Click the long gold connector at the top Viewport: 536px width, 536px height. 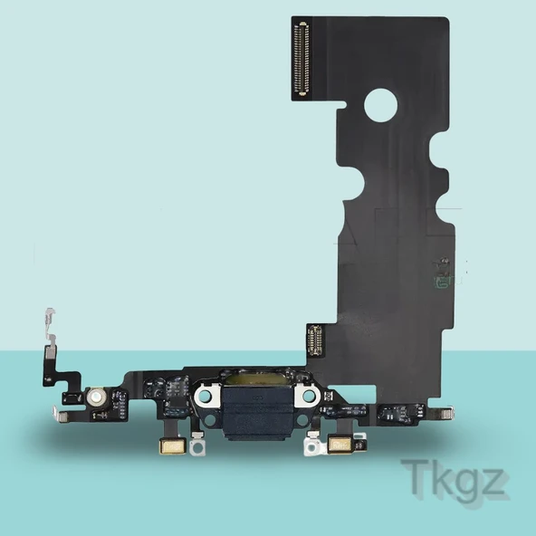point(303,59)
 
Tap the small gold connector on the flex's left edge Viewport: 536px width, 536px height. point(314,340)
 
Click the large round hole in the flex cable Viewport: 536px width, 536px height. point(380,106)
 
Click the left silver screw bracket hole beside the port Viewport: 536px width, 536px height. point(205,396)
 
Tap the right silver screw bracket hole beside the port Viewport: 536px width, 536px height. point(309,395)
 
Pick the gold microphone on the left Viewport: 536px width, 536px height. point(173,446)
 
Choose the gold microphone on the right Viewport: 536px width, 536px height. point(341,445)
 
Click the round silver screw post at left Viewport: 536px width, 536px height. point(95,397)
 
